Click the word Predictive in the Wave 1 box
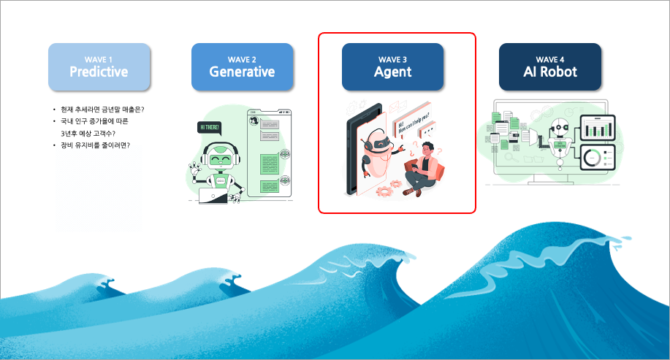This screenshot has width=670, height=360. coord(99,72)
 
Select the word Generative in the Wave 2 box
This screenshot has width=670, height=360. coord(242,72)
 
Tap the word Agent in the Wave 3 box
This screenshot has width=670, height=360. coord(392,72)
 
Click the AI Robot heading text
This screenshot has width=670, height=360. coord(549,72)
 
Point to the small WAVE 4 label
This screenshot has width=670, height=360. coord(549,59)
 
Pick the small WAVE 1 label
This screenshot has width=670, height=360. coord(99,59)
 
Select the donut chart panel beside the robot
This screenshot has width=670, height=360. coord(598,158)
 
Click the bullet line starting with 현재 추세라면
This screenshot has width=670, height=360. coord(103,110)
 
